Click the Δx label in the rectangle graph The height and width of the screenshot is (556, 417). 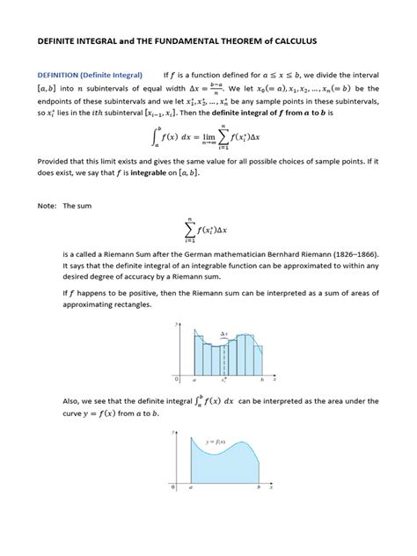coord(225,335)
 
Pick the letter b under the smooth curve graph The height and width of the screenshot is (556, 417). coord(258,486)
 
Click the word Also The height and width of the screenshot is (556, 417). coord(48,401)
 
